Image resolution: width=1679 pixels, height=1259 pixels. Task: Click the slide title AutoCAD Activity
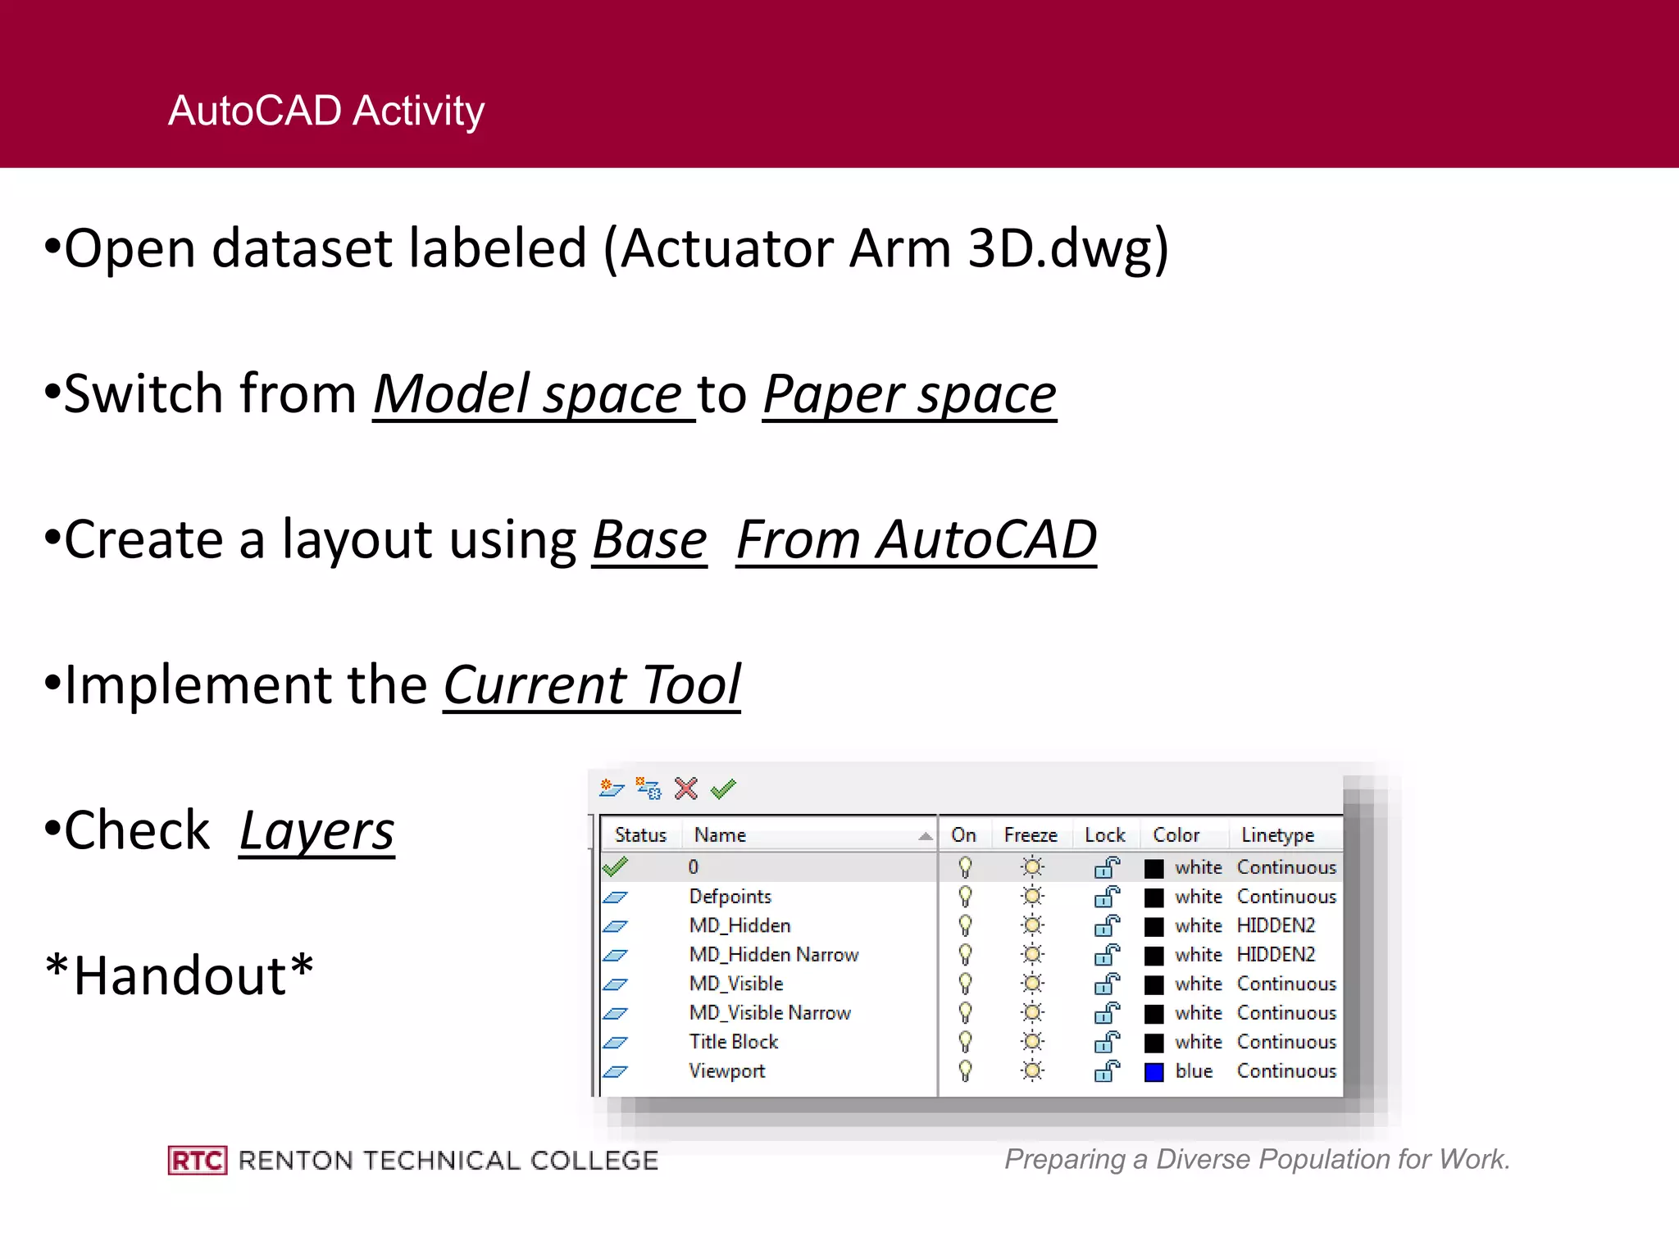pos(326,111)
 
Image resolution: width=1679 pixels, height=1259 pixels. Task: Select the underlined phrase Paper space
pos(909,394)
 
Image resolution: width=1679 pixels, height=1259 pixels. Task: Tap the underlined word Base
pos(649,540)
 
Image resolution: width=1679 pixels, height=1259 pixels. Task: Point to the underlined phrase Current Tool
pos(592,685)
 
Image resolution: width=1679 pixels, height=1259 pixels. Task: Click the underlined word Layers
pos(316,831)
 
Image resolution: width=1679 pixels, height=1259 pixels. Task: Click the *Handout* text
pos(179,975)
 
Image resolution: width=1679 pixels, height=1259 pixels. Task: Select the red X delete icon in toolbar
pos(686,789)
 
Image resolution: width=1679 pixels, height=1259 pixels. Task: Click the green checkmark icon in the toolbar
pos(723,789)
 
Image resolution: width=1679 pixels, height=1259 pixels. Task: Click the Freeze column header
pos(1031,835)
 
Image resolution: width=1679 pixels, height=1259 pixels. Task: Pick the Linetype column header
pos(1277,835)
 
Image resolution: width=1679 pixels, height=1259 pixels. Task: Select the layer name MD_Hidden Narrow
pos(773,955)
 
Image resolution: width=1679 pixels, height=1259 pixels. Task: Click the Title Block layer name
pos(733,1042)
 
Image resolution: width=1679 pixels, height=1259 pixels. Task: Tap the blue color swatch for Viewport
pos(1154,1071)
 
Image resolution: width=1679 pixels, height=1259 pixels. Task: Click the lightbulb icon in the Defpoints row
pos(966,896)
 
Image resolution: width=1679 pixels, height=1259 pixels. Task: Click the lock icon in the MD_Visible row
pos(1107,984)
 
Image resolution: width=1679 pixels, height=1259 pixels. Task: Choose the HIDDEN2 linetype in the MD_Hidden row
pos(1276,925)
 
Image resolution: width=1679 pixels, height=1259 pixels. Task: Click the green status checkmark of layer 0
pos(615,866)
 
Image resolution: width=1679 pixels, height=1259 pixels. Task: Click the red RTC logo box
pos(198,1160)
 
